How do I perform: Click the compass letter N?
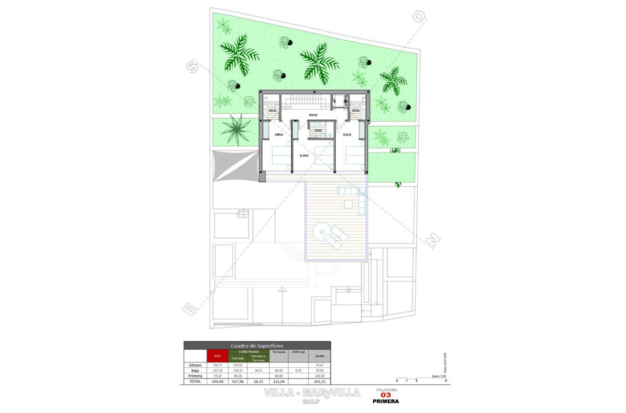tap(433, 240)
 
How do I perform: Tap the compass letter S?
tap(193, 67)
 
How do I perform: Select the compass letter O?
tap(418, 17)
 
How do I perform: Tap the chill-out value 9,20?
tap(297, 371)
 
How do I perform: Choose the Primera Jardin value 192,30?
tap(319, 376)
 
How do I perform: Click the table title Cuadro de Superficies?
tap(257, 345)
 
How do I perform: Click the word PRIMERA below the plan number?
tap(386, 401)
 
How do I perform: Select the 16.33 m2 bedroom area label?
tap(304, 155)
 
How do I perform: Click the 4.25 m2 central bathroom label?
tap(318, 130)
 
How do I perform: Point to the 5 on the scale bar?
tap(445, 380)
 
